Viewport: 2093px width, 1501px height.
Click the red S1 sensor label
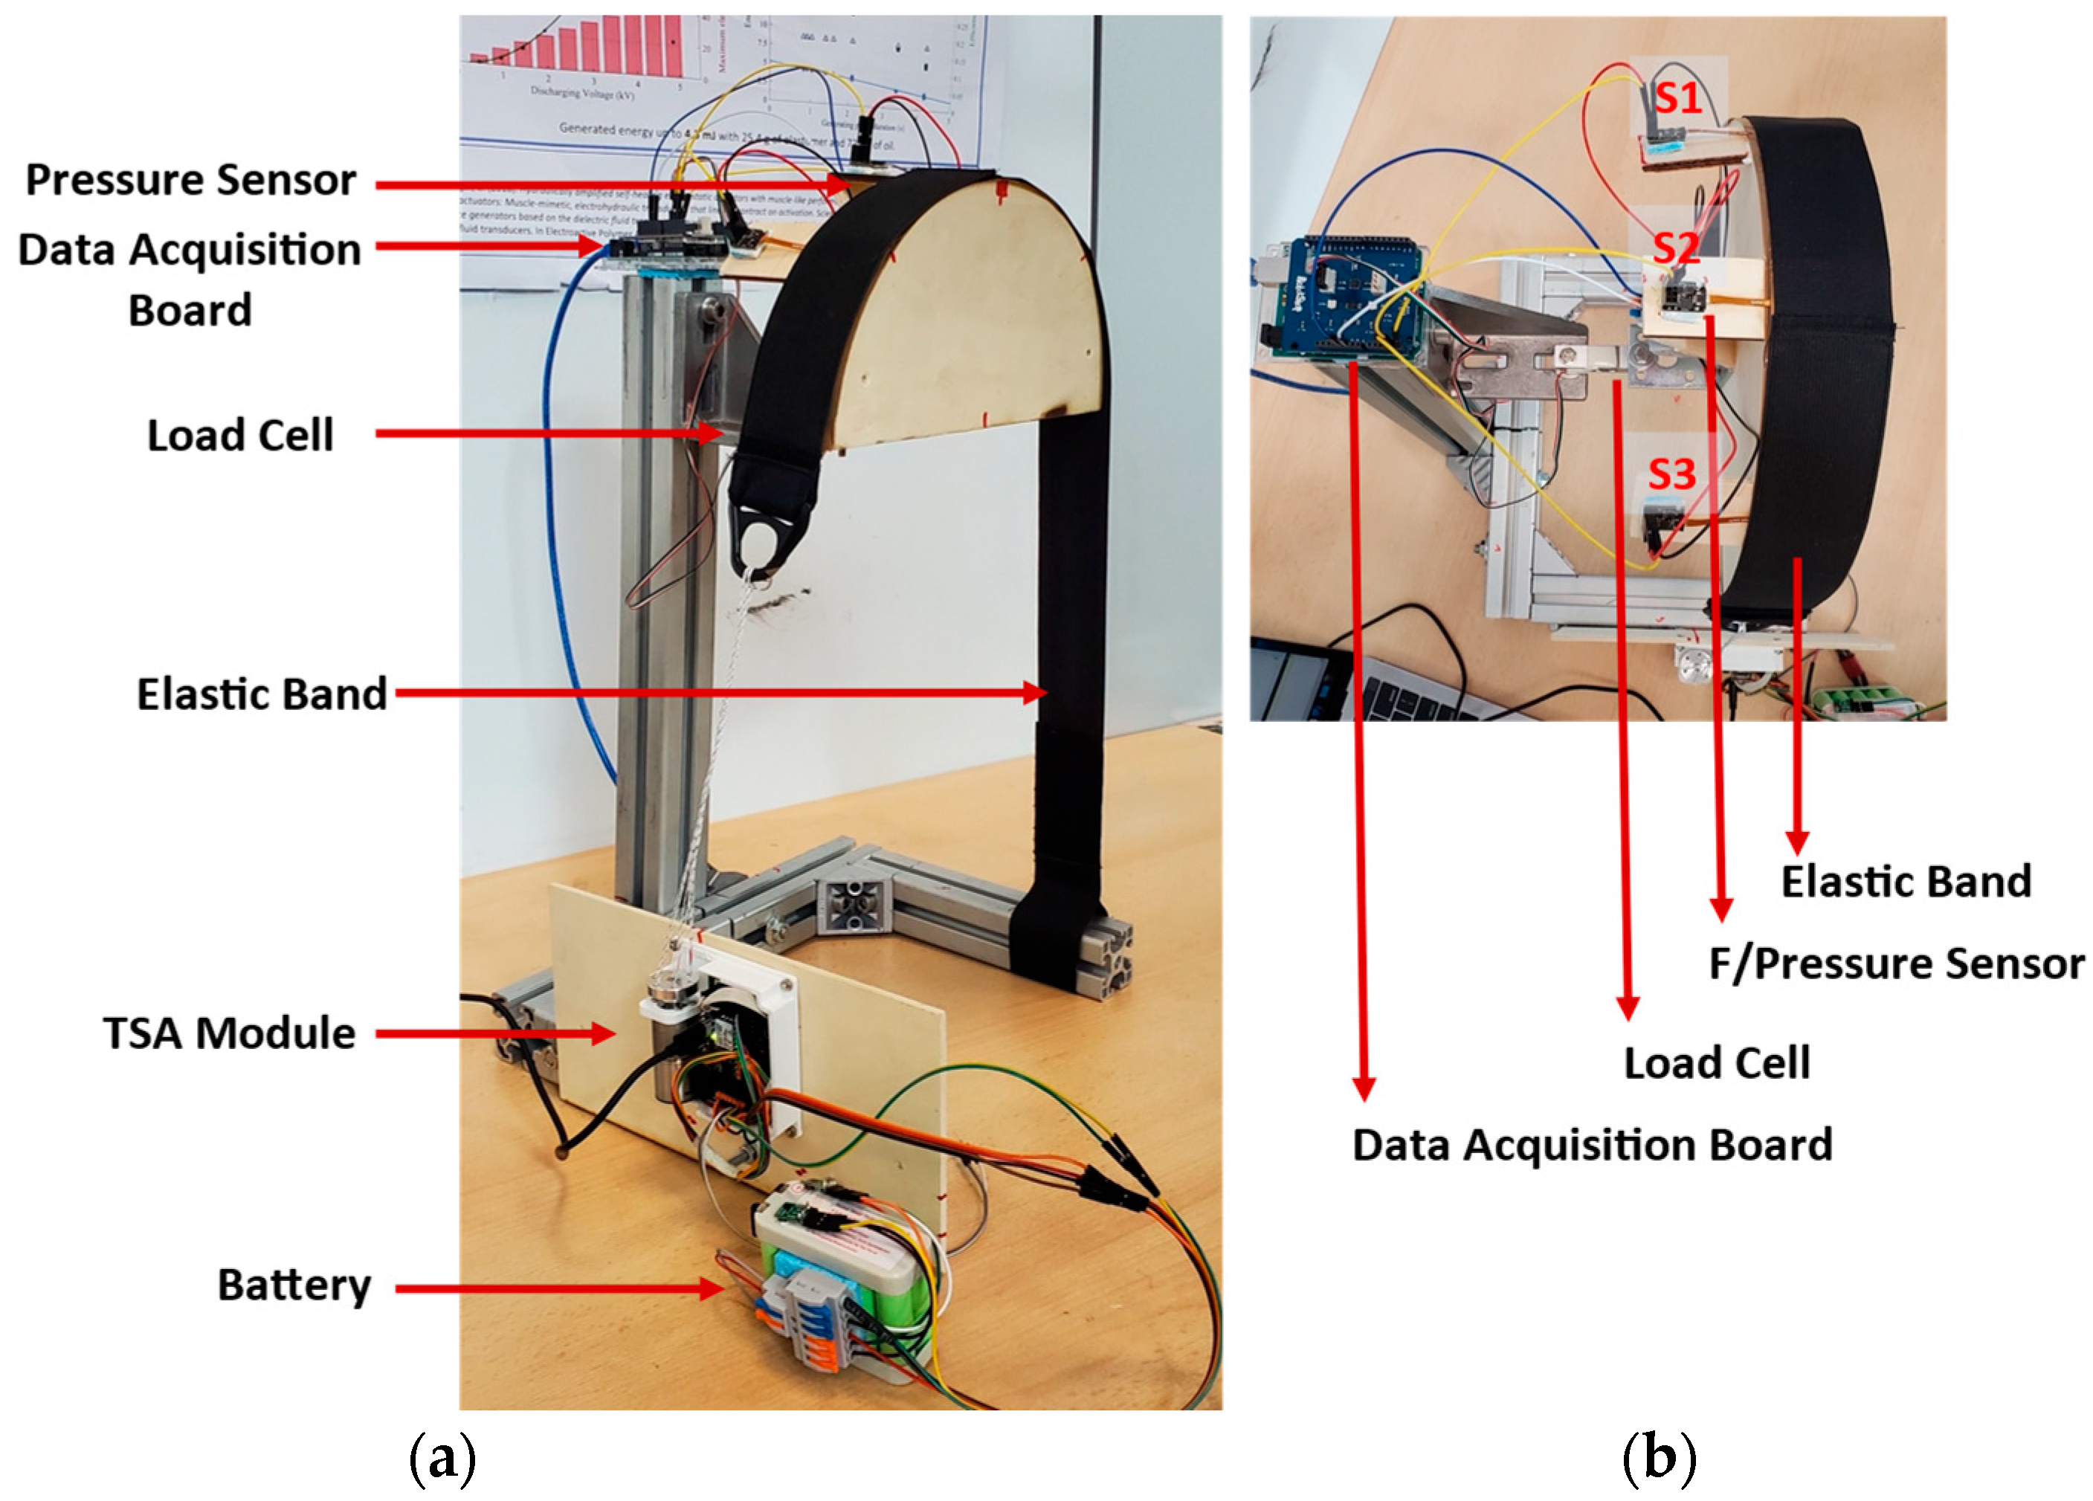pyautogui.click(x=1677, y=98)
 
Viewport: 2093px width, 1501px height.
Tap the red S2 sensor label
pyautogui.click(x=1675, y=248)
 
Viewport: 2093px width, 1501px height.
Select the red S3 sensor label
pyautogui.click(x=1671, y=474)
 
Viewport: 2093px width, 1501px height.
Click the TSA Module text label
pyautogui.click(x=229, y=1033)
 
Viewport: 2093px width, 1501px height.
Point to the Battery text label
pyautogui.click(x=294, y=1285)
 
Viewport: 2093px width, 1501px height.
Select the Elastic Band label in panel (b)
pyautogui.click(x=1906, y=882)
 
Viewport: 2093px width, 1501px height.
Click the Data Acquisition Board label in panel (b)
pyautogui.click(x=1592, y=1145)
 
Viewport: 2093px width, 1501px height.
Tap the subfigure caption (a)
pyautogui.click(x=442, y=1459)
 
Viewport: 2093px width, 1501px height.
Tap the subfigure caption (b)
pyautogui.click(x=1658, y=1459)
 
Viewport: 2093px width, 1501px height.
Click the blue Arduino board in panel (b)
pyautogui.click(x=1338, y=295)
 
